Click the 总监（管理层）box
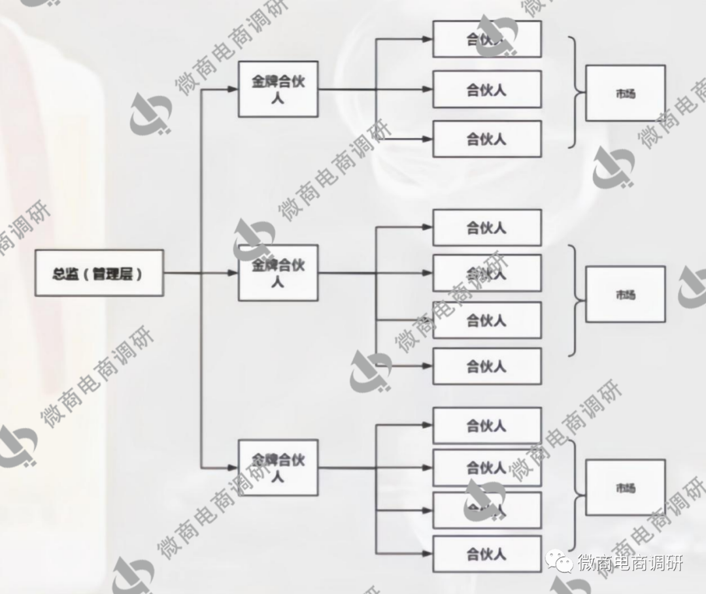(x=99, y=273)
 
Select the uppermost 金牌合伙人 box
(x=278, y=89)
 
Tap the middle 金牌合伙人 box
(x=278, y=273)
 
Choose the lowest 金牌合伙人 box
(x=278, y=468)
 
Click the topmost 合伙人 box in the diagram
(x=487, y=39)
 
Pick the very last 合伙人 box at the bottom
(x=487, y=554)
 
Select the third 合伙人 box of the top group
(x=487, y=139)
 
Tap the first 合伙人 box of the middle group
(x=487, y=227)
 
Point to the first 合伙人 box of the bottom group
(x=487, y=426)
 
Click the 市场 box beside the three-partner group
(x=625, y=93)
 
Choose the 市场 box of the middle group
(x=625, y=294)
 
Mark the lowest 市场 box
(x=625, y=487)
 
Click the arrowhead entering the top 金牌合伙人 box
(x=232, y=89)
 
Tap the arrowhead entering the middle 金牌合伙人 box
(x=232, y=273)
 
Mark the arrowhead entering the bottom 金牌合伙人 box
(x=232, y=468)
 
